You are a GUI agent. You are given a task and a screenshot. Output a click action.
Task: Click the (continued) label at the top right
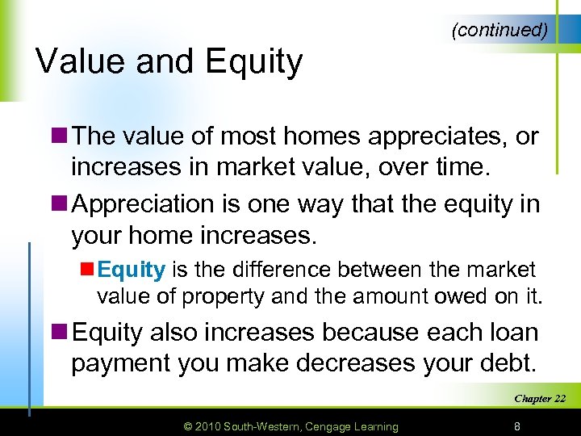[500, 31]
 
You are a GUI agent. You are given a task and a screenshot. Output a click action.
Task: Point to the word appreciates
[436, 137]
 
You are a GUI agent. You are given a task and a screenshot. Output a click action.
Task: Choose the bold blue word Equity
[131, 270]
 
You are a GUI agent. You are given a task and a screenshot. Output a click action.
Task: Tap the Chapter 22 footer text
[540, 399]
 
